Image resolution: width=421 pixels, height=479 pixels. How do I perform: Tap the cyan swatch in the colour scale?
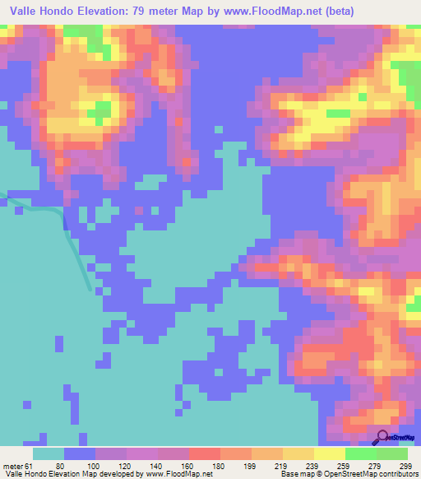49,453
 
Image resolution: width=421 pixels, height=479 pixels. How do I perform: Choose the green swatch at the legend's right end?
391,453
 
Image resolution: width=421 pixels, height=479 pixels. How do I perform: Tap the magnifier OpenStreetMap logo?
382,438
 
